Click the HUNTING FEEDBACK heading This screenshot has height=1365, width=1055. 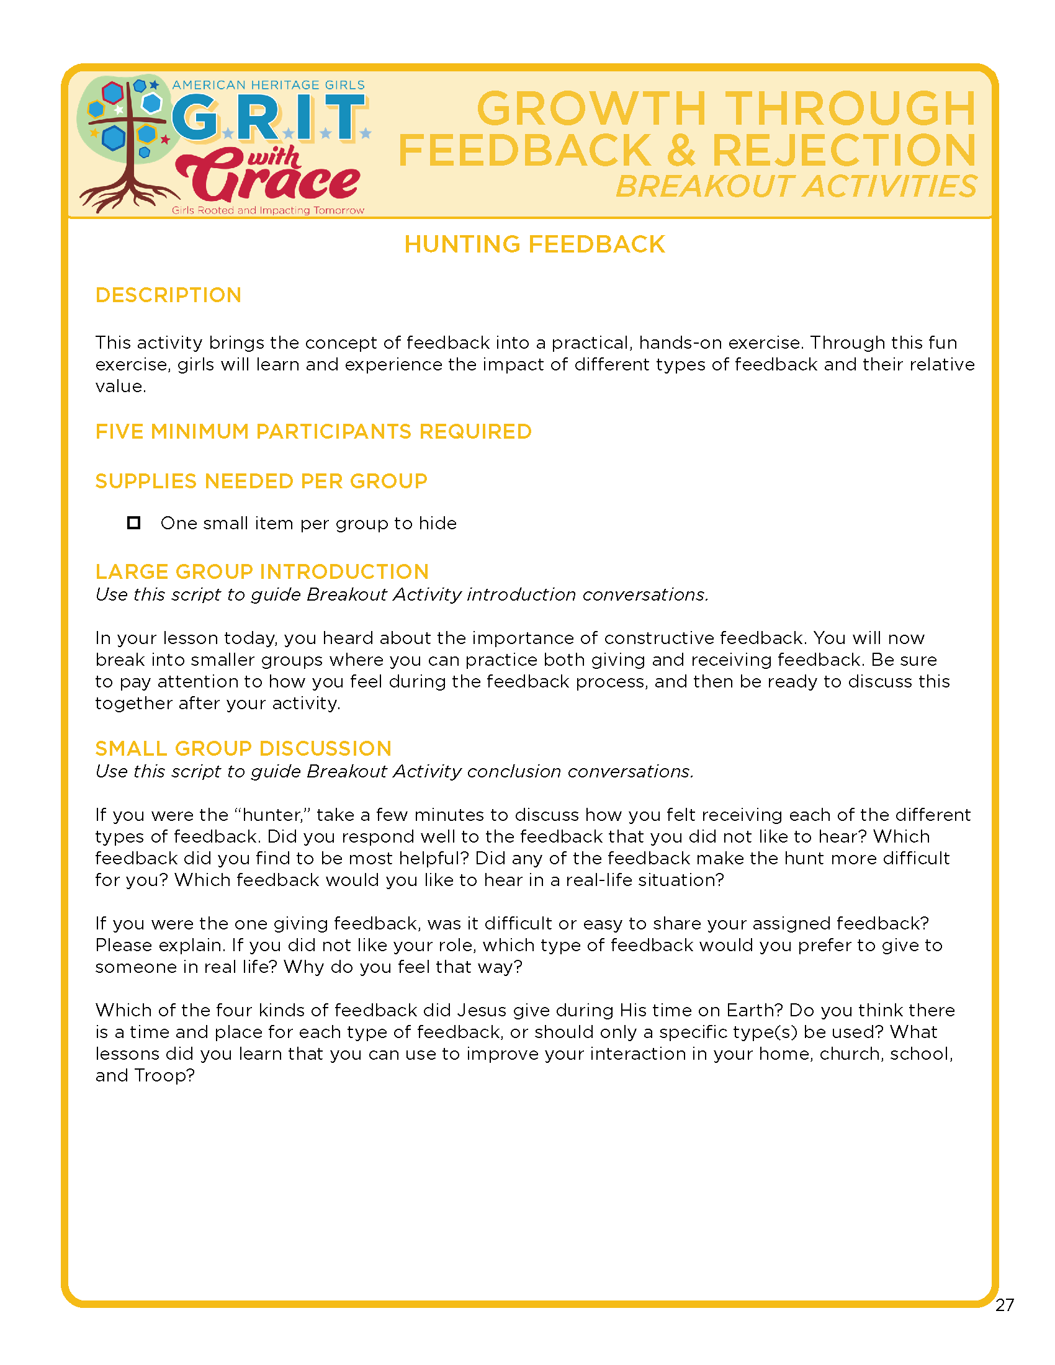(534, 244)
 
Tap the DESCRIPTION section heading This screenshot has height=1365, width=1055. (168, 295)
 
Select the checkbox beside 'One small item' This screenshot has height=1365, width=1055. (134, 522)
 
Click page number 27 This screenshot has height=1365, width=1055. (1004, 1305)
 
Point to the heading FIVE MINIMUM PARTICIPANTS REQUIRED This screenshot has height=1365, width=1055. (313, 431)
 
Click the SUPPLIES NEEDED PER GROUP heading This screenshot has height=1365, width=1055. (261, 481)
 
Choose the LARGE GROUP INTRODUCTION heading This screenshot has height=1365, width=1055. (262, 571)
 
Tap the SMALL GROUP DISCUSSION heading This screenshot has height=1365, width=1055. (243, 748)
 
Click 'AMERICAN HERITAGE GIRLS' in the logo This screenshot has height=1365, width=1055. (268, 85)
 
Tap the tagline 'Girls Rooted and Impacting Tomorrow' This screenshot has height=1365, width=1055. (267, 210)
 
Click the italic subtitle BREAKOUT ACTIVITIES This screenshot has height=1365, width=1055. (796, 186)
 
